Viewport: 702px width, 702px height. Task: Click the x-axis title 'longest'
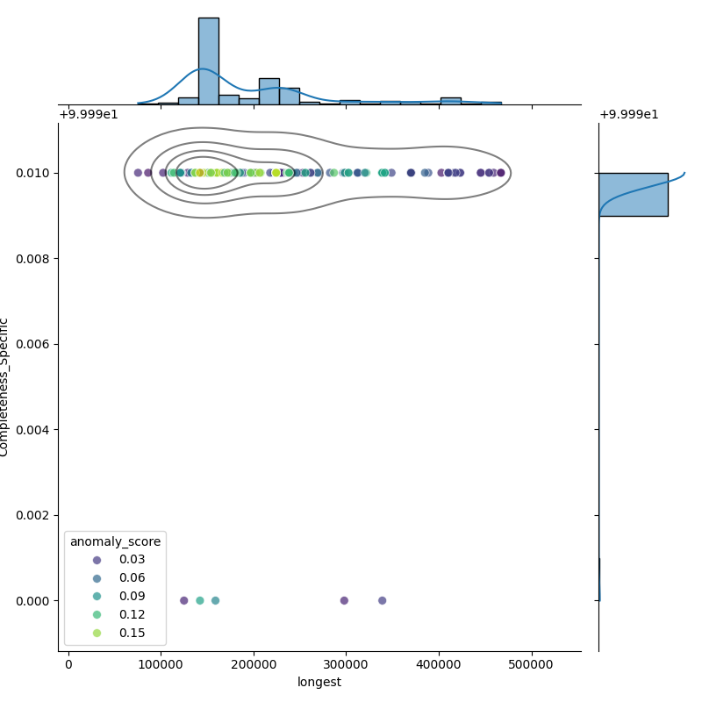(319, 683)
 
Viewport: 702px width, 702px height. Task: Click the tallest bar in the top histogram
(208, 61)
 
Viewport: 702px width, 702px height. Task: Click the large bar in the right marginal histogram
(633, 194)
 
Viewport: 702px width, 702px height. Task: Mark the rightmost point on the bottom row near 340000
(383, 600)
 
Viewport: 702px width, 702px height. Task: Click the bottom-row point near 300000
(344, 600)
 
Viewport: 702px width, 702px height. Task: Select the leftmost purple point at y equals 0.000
(183, 600)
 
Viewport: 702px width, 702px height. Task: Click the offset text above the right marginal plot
(628, 114)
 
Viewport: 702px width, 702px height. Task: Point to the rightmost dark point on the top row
(501, 173)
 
